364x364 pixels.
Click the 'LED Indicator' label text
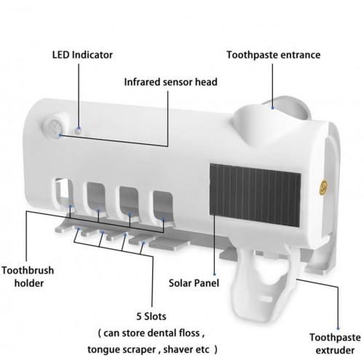point(82,55)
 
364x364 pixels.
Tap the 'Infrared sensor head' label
point(170,82)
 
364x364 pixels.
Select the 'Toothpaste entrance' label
point(274,55)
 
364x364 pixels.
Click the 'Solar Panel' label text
point(194,283)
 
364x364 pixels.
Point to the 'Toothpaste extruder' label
point(335,344)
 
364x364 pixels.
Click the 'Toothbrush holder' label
point(28,277)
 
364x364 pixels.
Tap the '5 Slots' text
point(151,317)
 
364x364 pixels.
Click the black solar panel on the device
point(256,195)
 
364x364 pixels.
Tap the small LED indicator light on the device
point(78,131)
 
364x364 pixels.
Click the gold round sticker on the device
point(323,187)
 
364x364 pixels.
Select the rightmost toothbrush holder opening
point(163,206)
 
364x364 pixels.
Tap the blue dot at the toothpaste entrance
point(272,107)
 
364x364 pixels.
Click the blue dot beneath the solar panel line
point(214,274)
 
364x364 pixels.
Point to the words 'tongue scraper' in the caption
point(122,350)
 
